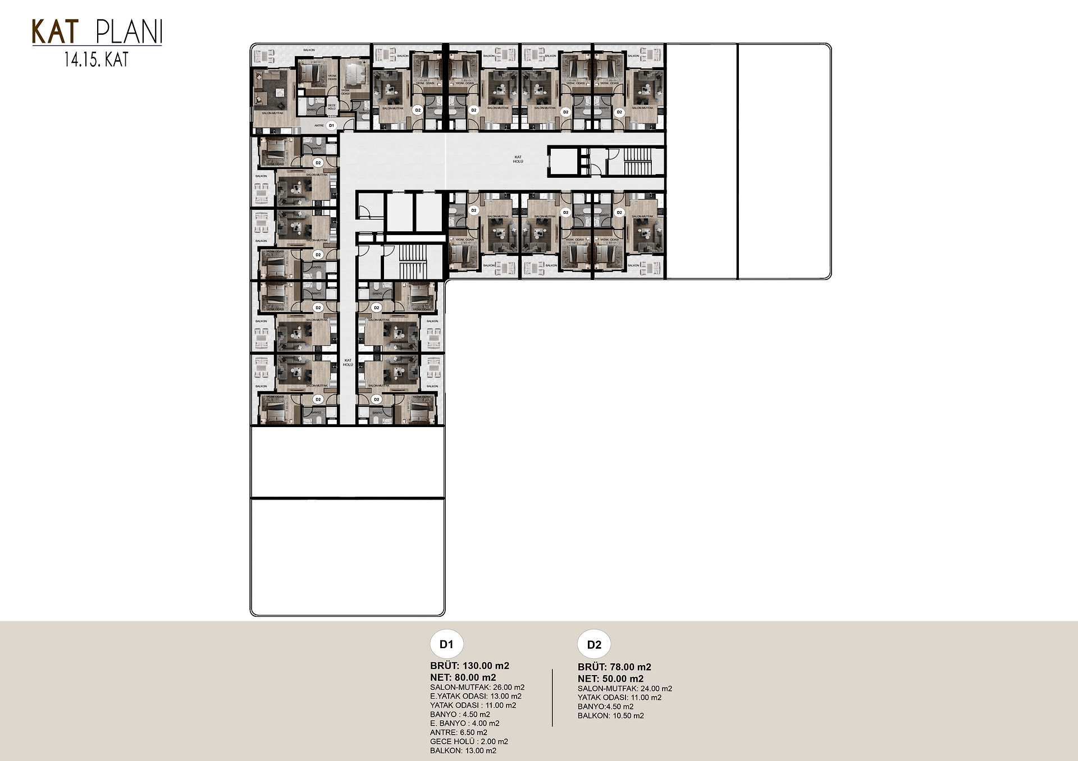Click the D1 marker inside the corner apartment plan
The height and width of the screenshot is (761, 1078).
point(331,126)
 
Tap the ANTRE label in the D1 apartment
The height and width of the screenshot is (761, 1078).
point(319,126)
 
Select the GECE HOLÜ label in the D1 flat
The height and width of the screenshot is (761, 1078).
point(331,106)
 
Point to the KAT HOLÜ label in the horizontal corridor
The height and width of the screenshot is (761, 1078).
point(518,159)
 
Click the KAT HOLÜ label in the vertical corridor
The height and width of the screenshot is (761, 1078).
point(348,363)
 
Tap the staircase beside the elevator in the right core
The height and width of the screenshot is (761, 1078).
point(636,161)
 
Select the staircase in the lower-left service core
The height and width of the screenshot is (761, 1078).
point(413,262)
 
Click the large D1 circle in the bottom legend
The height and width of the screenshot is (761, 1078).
point(446,644)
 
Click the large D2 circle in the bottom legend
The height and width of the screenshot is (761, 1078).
point(594,645)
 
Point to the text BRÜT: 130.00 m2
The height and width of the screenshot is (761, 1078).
point(469,666)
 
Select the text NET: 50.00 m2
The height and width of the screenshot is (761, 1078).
point(610,679)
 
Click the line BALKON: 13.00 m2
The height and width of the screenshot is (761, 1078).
point(463,750)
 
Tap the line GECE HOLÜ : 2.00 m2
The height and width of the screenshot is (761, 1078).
point(469,741)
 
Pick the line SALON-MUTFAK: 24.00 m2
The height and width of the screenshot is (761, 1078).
point(624,689)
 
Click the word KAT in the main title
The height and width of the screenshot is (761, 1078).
point(55,32)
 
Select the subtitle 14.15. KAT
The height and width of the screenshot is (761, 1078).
point(97,59)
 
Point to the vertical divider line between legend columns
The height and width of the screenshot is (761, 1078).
point(552,698)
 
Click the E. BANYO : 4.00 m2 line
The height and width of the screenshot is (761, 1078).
point(464,723)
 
